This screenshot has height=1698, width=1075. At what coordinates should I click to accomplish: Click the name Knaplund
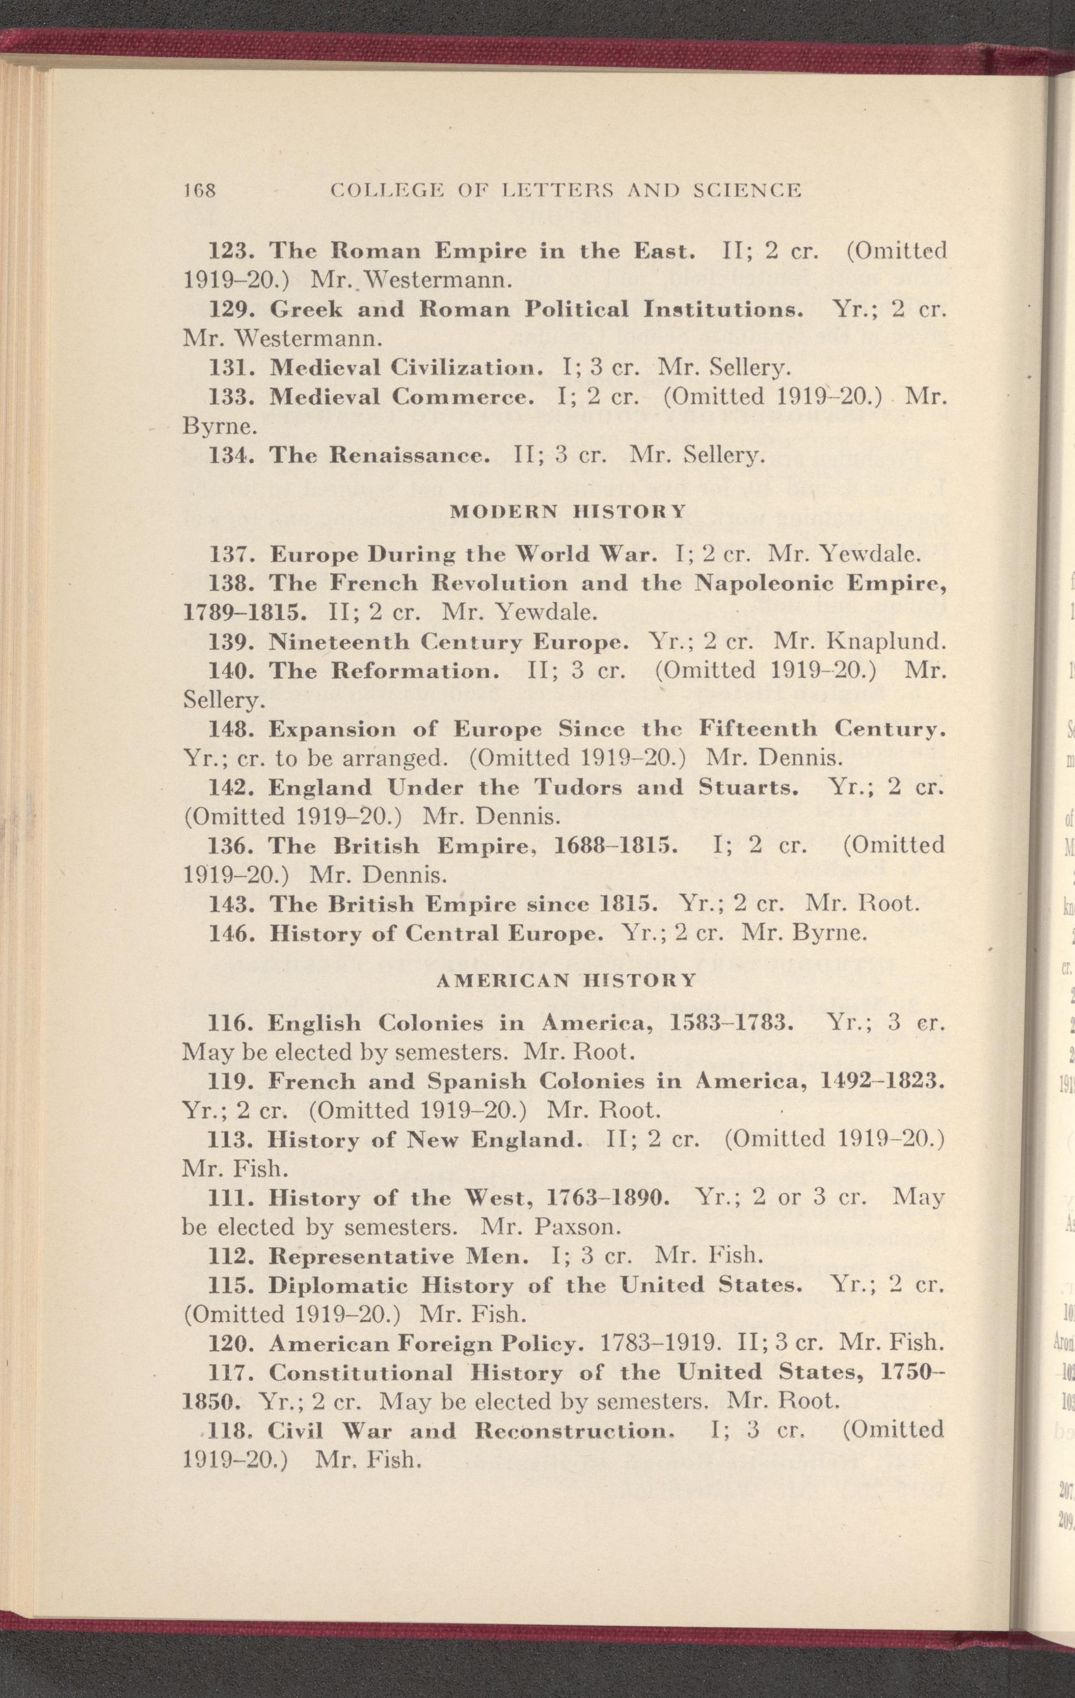(x=885, y=642)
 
